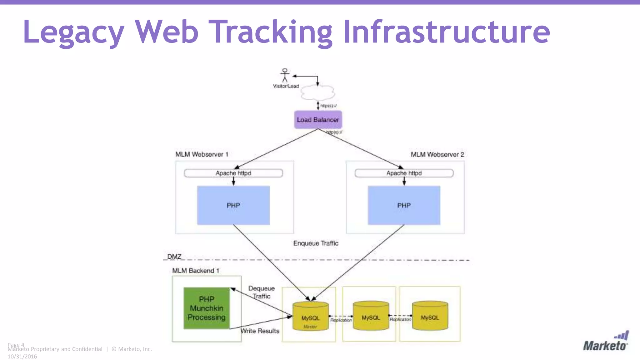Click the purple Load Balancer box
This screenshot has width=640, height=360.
tap(318, 120)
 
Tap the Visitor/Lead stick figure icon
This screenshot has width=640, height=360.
tap(285, 75)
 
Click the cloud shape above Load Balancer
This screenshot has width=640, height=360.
tap(317, 92)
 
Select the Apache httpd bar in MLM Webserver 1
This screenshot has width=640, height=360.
tap(233, 173)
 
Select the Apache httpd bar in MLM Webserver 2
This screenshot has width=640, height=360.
tap(404, 173)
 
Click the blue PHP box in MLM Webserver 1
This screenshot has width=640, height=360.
tap(233, 205)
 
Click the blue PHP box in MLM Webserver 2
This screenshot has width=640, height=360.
tap(404, 205)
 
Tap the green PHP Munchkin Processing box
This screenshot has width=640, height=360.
tap(207, 308)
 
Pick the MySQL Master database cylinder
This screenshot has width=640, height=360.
tap(310, 316)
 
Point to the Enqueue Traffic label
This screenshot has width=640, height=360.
tap(316, 243)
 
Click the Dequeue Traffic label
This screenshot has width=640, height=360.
tap(262, 292)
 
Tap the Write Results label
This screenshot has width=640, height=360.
tap(260, 331)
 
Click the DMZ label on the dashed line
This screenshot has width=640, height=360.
tap(174, 257)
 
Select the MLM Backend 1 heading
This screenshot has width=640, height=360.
tap(196, 271)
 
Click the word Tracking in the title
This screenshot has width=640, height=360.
tap(271, 32)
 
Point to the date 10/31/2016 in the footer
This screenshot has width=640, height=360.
tap(22, 357)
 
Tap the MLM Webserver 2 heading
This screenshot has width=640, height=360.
tap(437, 154)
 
